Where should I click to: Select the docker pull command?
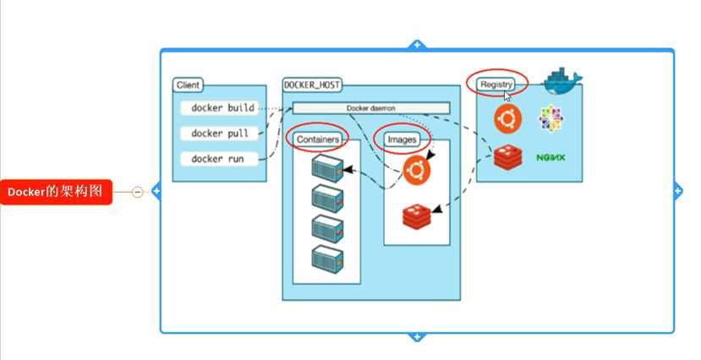point(220,134)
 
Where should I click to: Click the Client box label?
point(188,85)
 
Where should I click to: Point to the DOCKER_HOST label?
point(312,85)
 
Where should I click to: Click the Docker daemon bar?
point(371,108)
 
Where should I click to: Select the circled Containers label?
point(318,139)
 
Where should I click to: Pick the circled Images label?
point(402,139)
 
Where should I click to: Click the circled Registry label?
point(496,84)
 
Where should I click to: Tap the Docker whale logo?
point(563,81)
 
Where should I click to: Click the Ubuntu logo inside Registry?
point(507,119)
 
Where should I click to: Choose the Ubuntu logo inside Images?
point(417,170)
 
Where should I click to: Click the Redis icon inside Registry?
point(508,157)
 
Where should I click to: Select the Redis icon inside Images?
point(417,216)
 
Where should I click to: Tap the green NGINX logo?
point(550,157)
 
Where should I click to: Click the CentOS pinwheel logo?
point(550,119)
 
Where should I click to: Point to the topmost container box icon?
point(328,168)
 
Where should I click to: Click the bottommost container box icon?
point(328,259)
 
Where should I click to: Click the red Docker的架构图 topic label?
point(56,192)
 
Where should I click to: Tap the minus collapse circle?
point(138,192)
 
